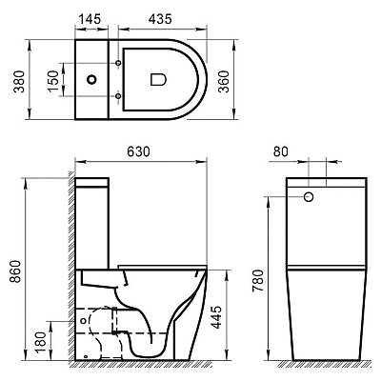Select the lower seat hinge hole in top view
117,96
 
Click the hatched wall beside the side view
70,276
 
